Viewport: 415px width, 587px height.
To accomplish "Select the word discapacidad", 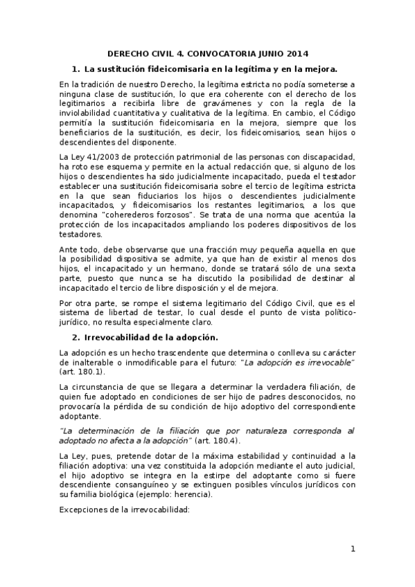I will point(328,157).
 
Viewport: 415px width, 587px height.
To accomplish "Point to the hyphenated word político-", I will point(335,312).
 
